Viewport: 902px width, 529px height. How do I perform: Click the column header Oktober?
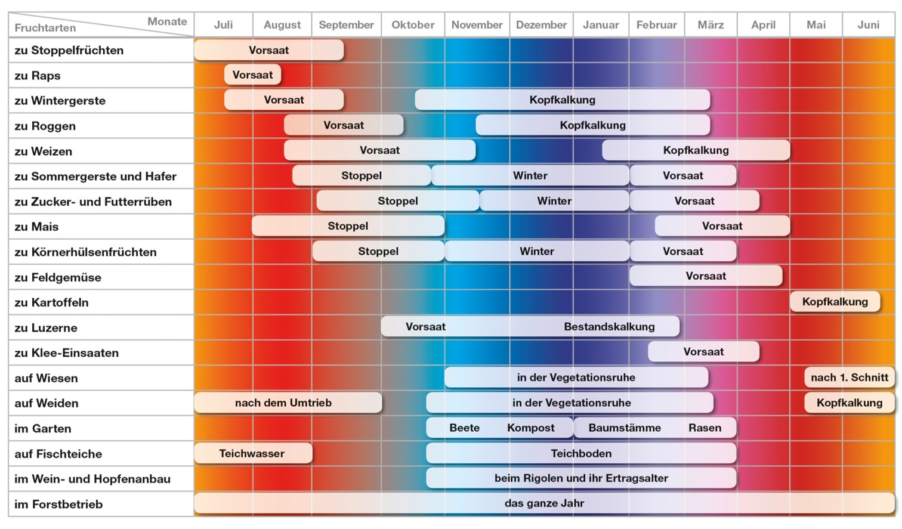coord(413,25)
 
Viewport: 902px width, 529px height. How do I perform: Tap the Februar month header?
coord(656,25)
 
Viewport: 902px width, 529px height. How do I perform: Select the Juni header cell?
coord(868,25)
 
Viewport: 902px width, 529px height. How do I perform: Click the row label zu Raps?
coord(38,76)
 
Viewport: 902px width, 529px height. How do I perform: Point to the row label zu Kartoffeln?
coord(51,302)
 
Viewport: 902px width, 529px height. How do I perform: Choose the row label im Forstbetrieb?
coord(58,505)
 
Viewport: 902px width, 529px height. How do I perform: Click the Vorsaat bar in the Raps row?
coord(252,75)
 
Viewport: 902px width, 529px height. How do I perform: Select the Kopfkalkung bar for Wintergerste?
coord(562,100)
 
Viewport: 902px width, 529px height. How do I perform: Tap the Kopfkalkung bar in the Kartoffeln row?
coord(835,302)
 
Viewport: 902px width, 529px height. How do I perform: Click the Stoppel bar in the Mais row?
coord(348,226)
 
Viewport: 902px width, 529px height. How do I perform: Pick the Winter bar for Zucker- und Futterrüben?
coord(554,201)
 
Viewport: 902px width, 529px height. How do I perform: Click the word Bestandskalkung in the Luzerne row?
coord(609,327)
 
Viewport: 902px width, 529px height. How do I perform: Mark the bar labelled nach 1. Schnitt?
coord(849,378)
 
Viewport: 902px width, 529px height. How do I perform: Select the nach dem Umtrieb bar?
coord(283,403)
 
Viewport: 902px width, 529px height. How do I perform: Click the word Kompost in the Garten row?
coord(530,428)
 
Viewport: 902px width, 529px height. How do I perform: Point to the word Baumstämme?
coord(624,428)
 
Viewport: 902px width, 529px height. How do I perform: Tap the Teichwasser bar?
coord(252,453)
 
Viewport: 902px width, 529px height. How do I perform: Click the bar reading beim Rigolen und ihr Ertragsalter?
coord(581,478)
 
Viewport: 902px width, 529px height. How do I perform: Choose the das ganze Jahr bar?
coord(543,503)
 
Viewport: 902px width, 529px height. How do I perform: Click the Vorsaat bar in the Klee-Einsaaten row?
coord(703,352)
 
